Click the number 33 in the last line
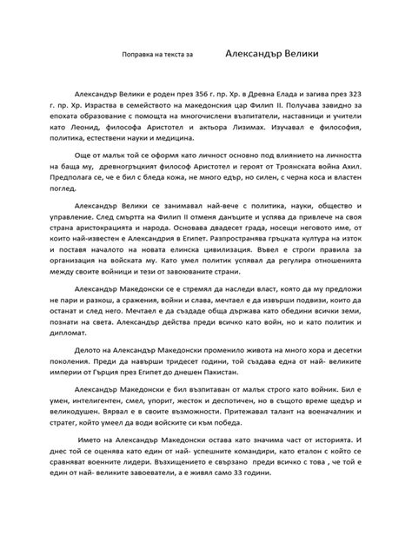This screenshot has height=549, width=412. coord(283,514)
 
